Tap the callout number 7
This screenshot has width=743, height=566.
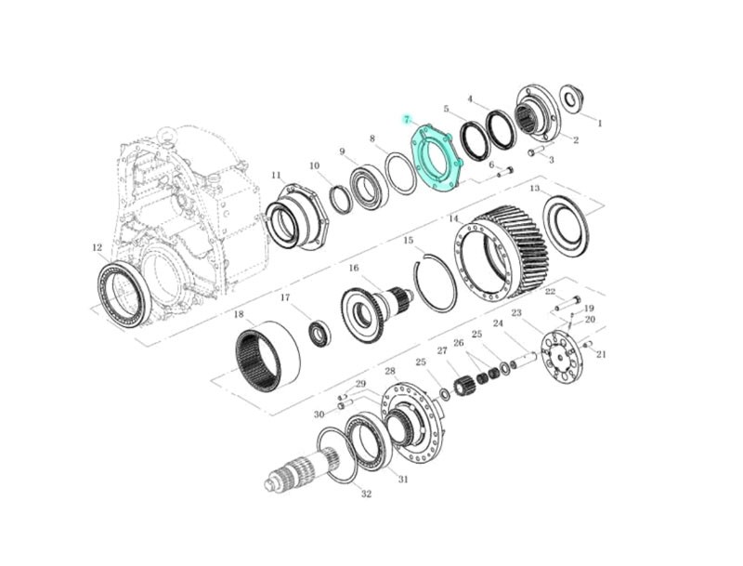pyautogui.click(x=406, y=120)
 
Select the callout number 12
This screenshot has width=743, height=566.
pyautogui.click(x=97, y=247)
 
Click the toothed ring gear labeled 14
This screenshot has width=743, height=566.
pyautogui.click(x=502, y=257)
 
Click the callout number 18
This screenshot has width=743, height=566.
pyautogui.click(x=239, y=314)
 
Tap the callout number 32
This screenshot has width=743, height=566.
pyautogui.click(x=366, y=494)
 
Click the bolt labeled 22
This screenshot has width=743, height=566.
pyautogui.click(x=568, y=303)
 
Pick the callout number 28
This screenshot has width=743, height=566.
pyautogui.click(x=390, y=371)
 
